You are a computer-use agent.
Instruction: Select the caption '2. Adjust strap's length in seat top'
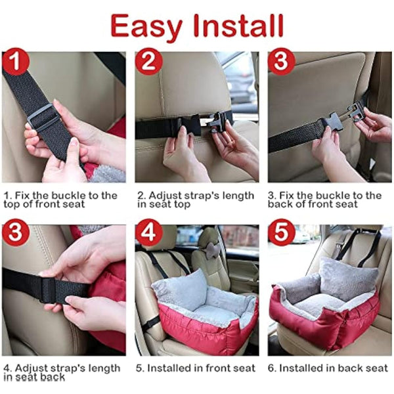click(x=195, y=200)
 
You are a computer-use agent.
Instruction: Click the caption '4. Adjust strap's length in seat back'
click(x=62, y=372)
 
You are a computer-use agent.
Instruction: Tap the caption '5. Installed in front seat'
click(x=196, y=368)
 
